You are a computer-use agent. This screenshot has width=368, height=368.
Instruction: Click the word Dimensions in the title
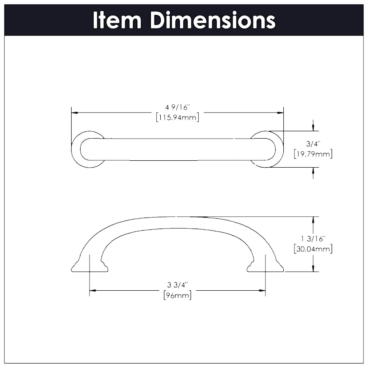coord(213,20)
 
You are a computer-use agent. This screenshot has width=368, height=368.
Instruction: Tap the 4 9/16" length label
coord(177,108)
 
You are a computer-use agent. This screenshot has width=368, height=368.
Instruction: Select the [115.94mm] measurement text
coord(177,118)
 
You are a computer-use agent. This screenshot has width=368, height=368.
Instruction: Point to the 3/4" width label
coord(313,144)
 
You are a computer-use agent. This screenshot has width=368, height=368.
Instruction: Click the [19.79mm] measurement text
coord(313,154)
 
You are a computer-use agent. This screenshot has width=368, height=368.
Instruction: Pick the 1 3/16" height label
coord(313,238)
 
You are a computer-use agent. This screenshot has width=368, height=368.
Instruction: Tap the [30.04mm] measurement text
coord(313,249)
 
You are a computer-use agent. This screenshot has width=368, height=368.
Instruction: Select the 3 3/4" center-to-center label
coord(177,285)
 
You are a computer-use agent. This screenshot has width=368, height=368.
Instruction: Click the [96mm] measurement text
coord(177,295)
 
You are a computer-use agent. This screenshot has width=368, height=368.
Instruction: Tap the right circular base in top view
coord(267,149)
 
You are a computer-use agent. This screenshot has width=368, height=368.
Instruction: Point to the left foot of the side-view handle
coord(90,266)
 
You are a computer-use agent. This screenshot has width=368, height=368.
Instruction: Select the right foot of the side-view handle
coord(265,266)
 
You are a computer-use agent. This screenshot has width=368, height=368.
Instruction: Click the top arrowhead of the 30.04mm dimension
coord(313,219)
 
